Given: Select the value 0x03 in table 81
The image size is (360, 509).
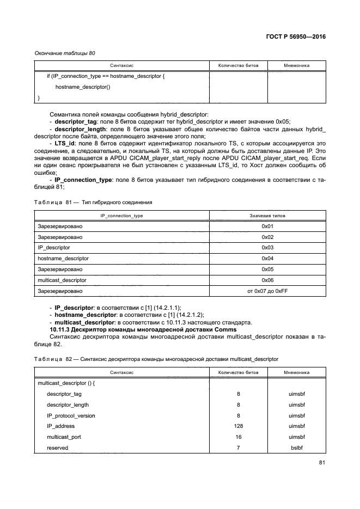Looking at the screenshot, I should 266,247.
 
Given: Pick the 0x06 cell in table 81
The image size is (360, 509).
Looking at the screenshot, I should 266,280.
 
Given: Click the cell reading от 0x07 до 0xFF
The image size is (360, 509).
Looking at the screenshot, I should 266,291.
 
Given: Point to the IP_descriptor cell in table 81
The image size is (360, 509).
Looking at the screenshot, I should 51,247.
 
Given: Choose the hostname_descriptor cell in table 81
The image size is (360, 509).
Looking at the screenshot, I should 63,258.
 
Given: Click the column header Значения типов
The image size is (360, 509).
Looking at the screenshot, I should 266,216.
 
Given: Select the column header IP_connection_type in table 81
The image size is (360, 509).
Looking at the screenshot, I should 121,216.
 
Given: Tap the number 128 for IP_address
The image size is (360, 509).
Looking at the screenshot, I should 239,426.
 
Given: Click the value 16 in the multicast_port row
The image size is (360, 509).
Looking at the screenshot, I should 239,437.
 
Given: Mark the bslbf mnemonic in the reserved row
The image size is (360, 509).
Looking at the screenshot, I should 296,448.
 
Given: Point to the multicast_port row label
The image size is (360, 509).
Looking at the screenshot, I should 63,437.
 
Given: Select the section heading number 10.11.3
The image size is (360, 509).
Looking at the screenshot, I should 61,330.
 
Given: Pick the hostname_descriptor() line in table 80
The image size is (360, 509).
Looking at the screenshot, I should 83,87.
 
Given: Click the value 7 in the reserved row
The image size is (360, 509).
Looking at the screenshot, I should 239,448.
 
